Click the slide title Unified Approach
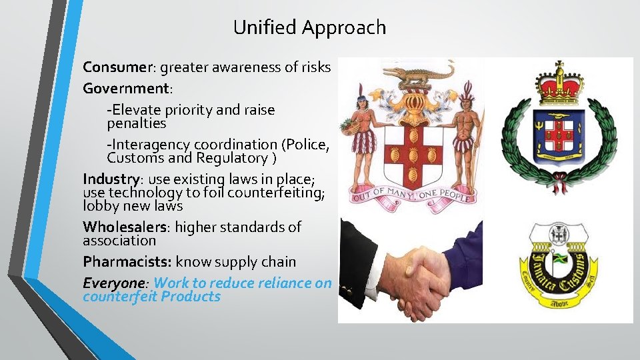(309, 27)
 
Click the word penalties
(137, 124)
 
